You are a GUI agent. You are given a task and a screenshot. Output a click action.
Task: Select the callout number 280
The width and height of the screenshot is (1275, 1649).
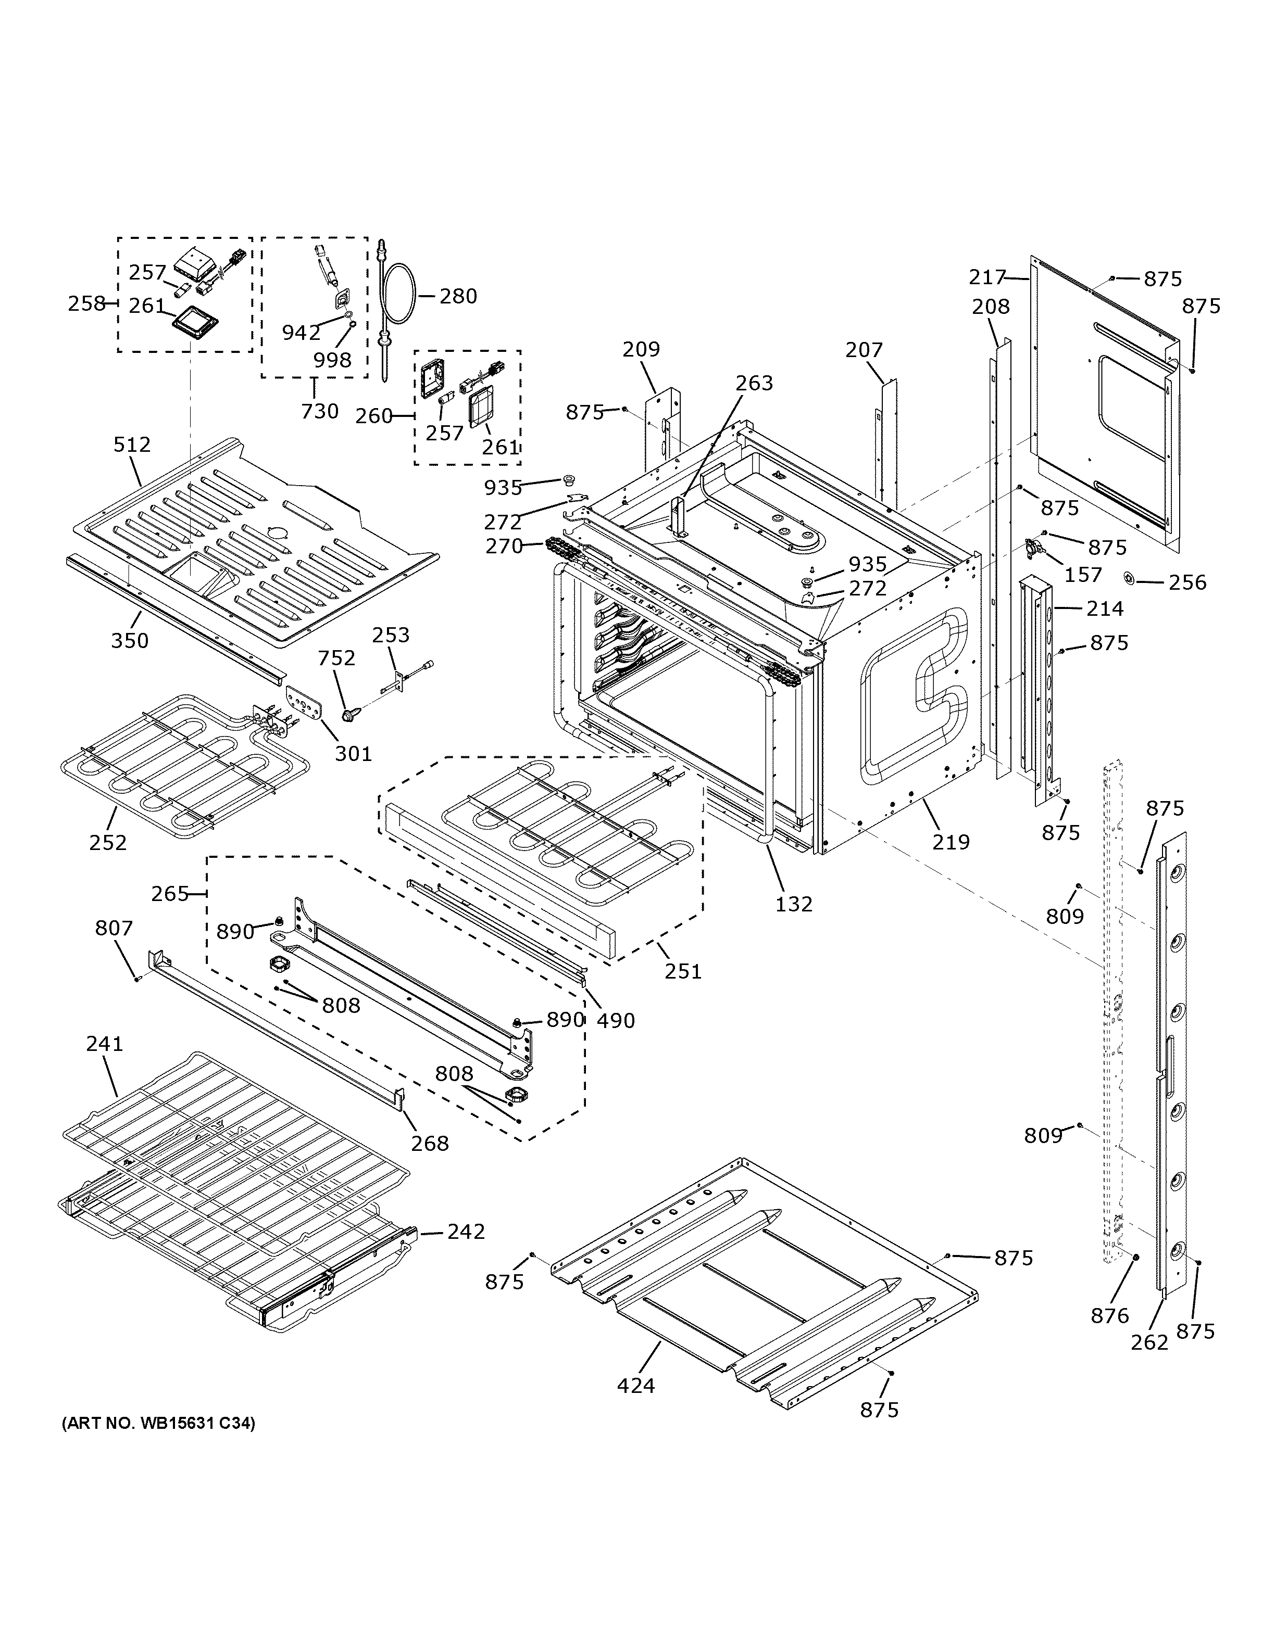pyautogui.click(x=458, y=296)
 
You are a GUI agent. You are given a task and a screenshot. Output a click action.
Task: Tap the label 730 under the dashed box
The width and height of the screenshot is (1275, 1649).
pyautogui.click(x=319, y=412)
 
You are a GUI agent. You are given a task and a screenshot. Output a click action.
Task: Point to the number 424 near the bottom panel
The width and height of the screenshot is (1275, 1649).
pyautogui.click(x=636, y=1386)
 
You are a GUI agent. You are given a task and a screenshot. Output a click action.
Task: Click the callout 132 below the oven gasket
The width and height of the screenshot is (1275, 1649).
pyautogui.click(x=794, y=903)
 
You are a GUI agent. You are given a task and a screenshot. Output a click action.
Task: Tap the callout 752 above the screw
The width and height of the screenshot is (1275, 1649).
pyautogui.click(x=336, y=658)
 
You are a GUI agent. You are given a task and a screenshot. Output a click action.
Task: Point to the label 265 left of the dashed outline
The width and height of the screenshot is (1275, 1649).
pyautogui.click(x=169, y=894)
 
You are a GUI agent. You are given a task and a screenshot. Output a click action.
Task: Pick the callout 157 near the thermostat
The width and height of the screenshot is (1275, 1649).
pyautogui.click(x=1083, y=575)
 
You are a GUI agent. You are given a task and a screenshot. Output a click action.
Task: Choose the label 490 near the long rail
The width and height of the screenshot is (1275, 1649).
pyautogui.click(x=616, y=1021)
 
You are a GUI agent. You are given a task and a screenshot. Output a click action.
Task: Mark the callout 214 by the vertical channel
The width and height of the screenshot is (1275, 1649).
pyautogui.click(x=1105, y=608)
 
